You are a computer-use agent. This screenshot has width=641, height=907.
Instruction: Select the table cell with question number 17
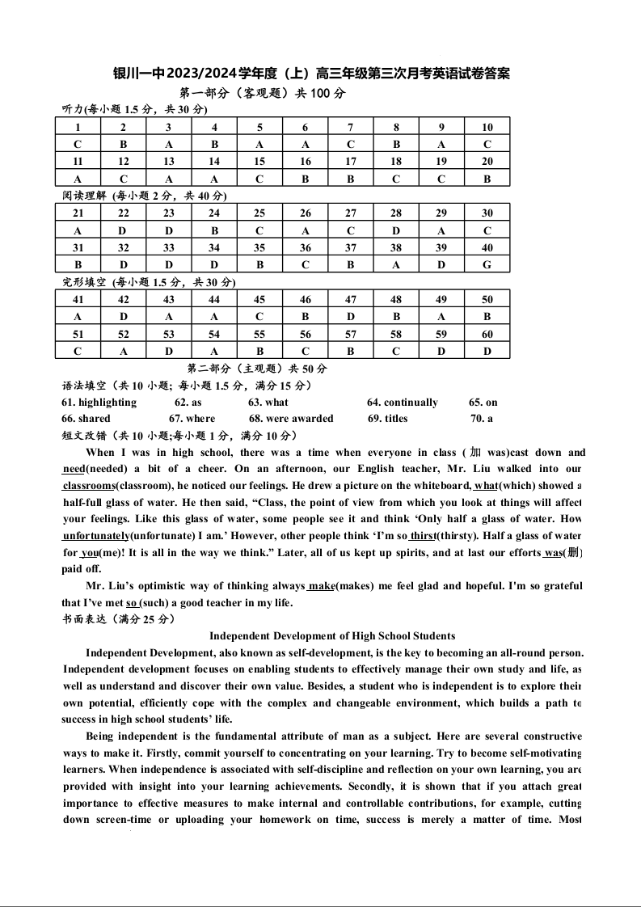pyautogui.click(x=351, y=162)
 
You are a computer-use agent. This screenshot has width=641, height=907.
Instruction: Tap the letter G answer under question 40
pyautogui.click(x=487, y=264)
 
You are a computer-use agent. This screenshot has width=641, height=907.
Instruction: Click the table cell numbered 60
pyautogui.click(x=487, y=334)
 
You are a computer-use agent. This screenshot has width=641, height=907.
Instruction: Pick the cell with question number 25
pyautogui.click(x=259, y=213)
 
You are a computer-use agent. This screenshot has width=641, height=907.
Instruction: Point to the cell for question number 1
pyautogui.click(x=78, y=127)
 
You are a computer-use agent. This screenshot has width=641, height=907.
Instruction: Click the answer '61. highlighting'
pyautogui.click(x=99, y=403)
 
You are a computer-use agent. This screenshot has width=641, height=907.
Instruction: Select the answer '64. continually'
pyautogui.click(x=402, y=403)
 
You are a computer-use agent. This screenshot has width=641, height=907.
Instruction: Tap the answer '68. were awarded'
pyautogui.click(x=291, y=419)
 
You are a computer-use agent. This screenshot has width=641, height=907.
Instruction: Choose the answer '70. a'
pyautogui.click(x=481, y=419)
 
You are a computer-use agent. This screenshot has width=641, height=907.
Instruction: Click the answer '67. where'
pyautogui.click(x=192, y=419)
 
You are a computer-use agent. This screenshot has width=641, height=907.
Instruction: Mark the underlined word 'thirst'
pyautogui.click(x=423, y=535)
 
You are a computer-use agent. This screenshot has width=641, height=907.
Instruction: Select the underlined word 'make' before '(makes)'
pyautogui.click(x=321, y=586)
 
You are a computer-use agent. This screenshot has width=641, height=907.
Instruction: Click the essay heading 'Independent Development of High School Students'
pyautogui.click(x=332, y=636)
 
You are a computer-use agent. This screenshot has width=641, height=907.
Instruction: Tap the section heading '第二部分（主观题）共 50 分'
pyautogui.click(x=257, y=369)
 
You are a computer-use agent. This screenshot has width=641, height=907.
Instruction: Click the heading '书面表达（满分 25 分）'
pyautogui.click(x=118, y=619)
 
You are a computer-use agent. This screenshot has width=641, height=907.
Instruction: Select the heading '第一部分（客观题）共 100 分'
pyautogui.click(x=262, y=93)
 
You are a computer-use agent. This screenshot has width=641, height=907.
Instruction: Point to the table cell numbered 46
pyautogui.click(x=306, y=299)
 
